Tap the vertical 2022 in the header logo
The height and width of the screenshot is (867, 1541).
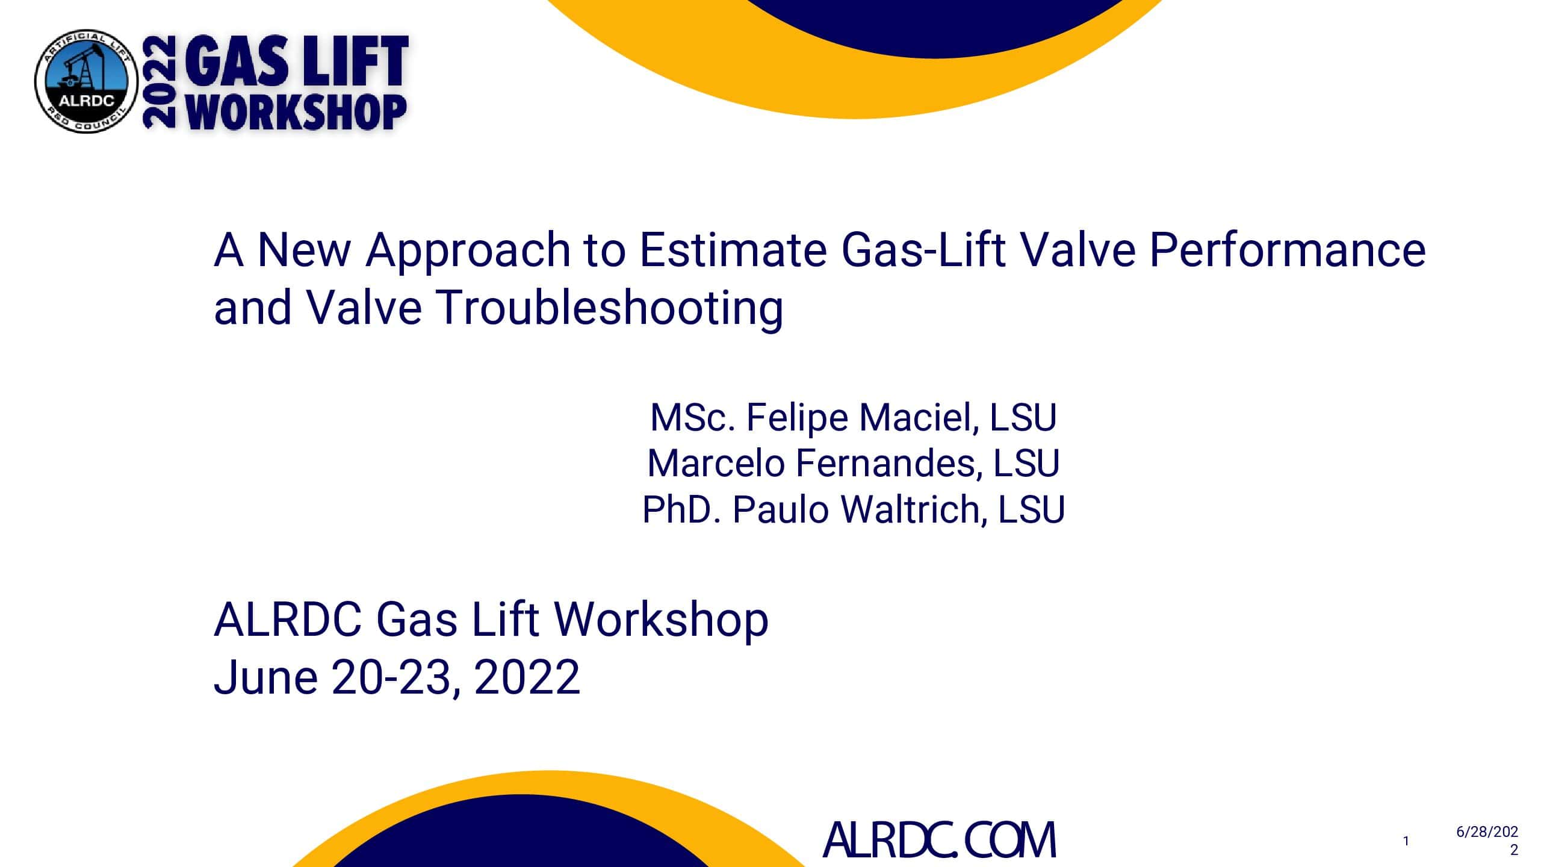(159, 82)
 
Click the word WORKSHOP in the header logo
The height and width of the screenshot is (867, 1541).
(296, 112)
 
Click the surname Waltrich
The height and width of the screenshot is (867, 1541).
(914, 509)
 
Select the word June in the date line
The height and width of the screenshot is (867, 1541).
(265, 677)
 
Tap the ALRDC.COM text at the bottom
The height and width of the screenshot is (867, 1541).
(939, 840)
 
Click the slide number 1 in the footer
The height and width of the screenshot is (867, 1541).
(1406, 841)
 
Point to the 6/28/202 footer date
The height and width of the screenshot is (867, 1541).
(1487, 832)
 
